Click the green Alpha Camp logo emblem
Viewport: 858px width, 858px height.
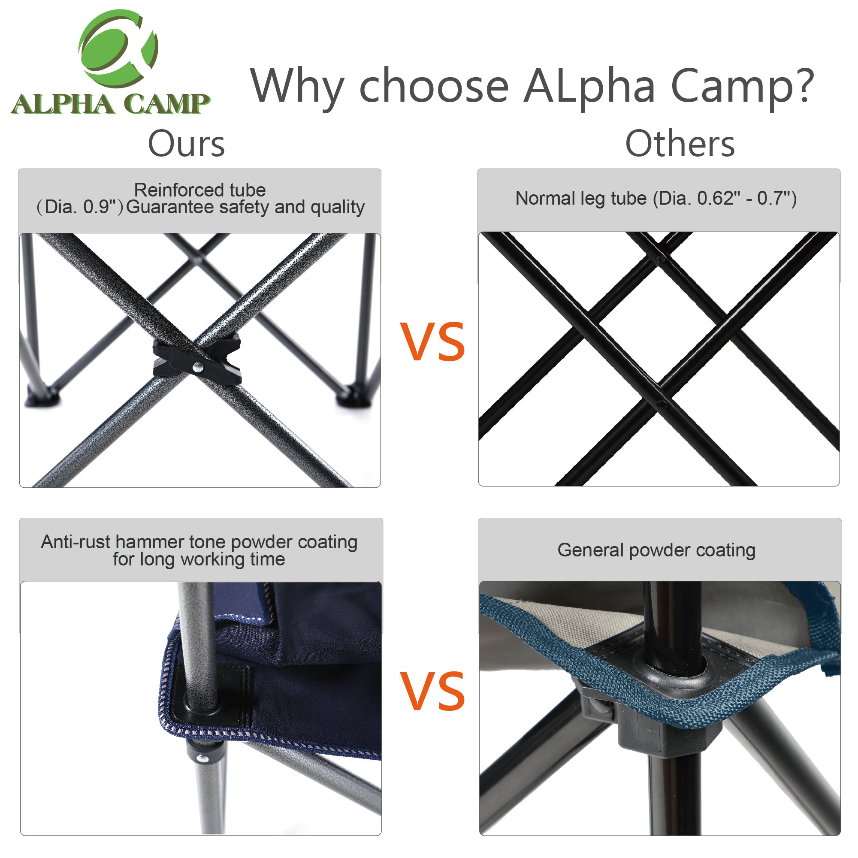118,48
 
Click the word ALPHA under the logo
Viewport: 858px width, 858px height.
62,104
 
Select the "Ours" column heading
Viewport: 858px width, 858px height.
187,144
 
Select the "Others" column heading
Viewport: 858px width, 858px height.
680,144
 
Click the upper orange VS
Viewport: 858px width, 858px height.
432,341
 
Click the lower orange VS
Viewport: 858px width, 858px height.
432,691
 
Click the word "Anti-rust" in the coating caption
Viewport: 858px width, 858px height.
76,542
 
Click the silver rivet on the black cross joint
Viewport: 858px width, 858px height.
198,367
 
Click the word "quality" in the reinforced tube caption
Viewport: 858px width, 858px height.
338,207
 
